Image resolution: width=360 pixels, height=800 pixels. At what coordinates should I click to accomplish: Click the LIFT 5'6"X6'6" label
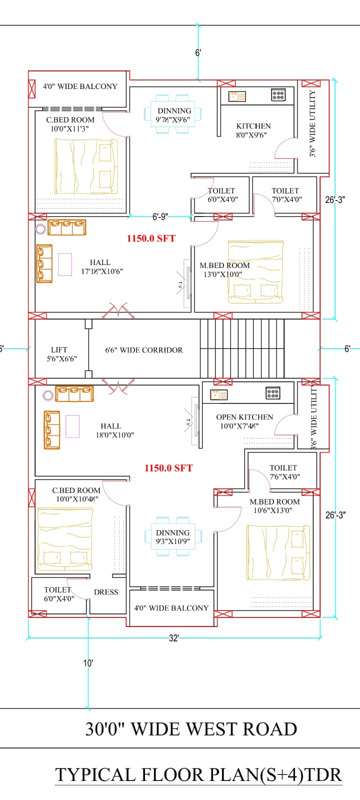(x=62, y=354)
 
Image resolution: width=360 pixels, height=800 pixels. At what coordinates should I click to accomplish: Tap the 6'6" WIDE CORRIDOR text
(x=144, y=350)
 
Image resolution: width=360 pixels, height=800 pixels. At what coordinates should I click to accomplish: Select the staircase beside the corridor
(x=242, y=348)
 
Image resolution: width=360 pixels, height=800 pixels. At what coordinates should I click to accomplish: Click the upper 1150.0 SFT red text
(x=151, y=238)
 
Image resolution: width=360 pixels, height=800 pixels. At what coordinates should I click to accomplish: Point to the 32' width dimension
(x=174, y=638)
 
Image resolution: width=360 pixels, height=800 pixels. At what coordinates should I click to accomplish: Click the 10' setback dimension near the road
(x=88, y=663)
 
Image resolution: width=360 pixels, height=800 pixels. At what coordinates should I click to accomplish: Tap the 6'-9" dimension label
(x=160, y=217)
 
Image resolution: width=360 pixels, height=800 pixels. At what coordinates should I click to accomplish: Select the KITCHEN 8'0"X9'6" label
(x=253, y=130)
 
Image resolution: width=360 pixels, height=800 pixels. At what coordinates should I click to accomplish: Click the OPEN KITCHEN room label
(x=244, y=417)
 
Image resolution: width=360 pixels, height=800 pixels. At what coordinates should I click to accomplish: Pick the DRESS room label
(x=106, y=592)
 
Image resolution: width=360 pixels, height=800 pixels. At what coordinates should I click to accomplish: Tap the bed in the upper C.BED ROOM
(x=86, y=166)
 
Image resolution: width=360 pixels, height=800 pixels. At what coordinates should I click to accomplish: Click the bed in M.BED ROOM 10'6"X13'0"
(x=278, y=552)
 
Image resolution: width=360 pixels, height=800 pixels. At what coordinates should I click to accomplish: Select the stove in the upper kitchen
(x=278, y=95)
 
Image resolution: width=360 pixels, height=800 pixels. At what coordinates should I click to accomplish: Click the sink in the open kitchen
(x=218, y=395)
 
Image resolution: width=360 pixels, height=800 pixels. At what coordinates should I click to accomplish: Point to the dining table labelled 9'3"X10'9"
(x=173, y=536)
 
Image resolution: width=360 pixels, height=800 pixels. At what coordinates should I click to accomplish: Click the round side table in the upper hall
(x=40, y=229)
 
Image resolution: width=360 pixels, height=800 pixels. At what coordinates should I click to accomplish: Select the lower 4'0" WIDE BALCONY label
(x=171, y=608)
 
